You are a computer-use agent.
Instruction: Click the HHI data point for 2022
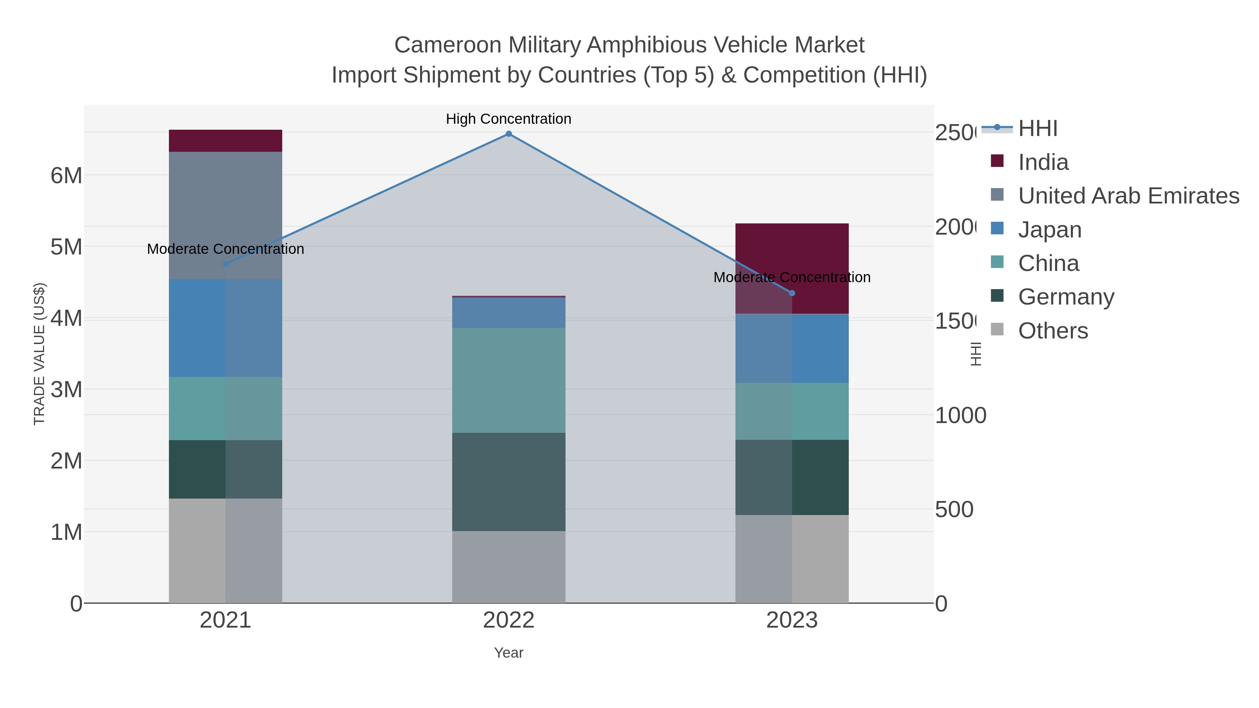tap(508, 134)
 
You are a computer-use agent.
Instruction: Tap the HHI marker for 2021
tap(225, 264)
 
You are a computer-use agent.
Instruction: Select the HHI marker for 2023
tap(792, 293)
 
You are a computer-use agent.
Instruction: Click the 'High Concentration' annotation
tap(508, 119)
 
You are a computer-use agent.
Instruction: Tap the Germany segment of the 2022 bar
tap(508, 481)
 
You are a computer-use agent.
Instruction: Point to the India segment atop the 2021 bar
tap(225, 141)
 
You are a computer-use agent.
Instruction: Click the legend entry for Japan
tap(1049, 230)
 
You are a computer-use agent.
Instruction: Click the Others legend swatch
tap(997, 330)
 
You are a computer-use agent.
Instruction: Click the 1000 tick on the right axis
tap(960, 416)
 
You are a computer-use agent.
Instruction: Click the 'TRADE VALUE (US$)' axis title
tap(39, 354)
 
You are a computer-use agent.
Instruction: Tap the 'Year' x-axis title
tap(508, 653)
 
